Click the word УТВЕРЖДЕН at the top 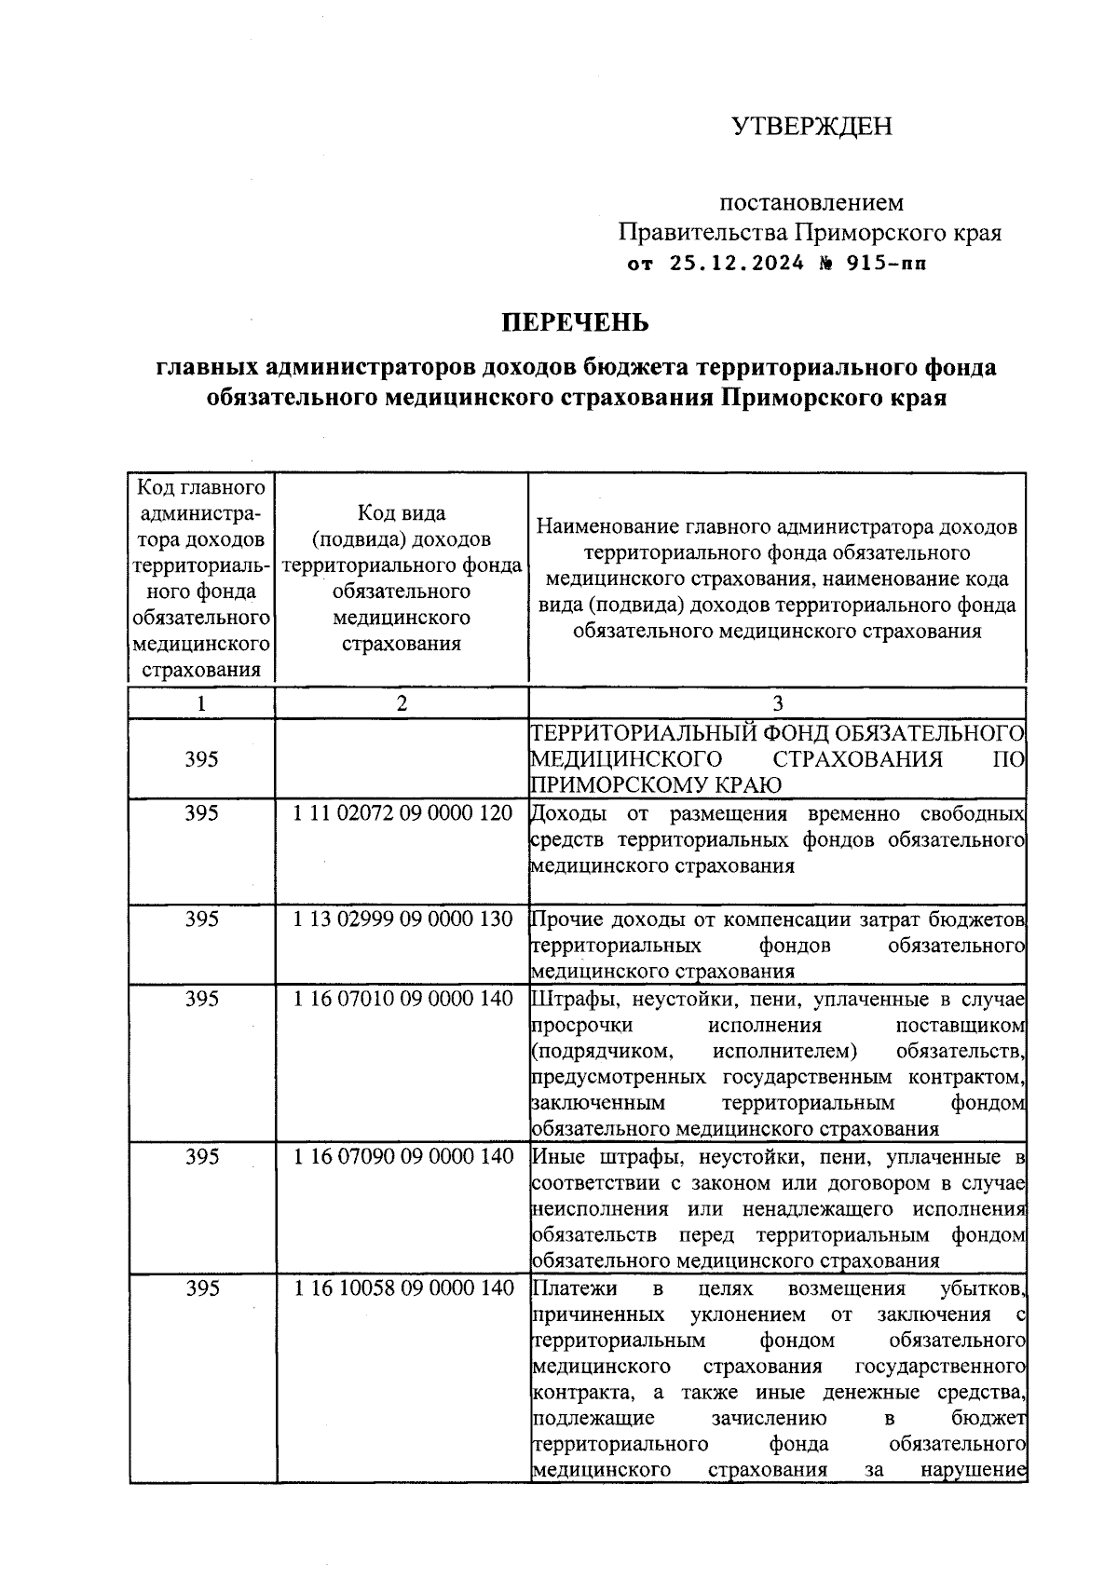(x=811, y=126)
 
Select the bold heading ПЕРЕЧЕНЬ (x=575, y=323)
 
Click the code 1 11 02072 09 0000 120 (x=402, y=813)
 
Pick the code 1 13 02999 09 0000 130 (x=402, y=919)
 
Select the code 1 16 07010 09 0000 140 (x=402, y=999)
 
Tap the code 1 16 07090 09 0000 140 (x=402, y=1156)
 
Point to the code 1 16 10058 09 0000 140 (x=402, y=1288)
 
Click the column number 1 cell (x=201, y=703)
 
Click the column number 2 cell (x=402, y=703)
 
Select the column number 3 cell (x=778, y=703)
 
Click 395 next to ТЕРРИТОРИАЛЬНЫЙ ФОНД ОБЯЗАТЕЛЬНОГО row (x=201, y=759)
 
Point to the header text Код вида (x=402, y=513)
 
